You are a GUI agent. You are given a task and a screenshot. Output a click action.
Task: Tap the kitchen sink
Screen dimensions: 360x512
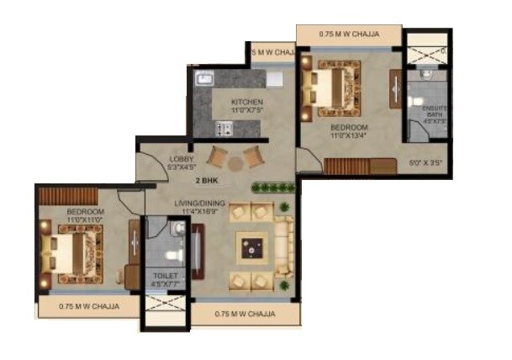[x=204, y=80]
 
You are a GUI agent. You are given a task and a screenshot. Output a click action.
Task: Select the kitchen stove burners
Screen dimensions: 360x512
[x=223, y=128]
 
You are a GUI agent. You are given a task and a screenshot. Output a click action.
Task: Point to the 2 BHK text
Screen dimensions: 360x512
[x=208, y=181]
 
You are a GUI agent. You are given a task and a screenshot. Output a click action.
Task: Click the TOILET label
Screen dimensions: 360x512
[x=165, y=275]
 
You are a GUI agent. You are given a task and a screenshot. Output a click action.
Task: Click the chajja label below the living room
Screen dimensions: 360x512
[x=245, y=314]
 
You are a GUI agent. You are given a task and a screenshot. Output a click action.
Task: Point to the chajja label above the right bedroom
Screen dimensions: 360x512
[x=349, y=34]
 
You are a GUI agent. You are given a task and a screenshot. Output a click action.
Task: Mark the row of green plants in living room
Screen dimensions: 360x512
[x=272, y=187]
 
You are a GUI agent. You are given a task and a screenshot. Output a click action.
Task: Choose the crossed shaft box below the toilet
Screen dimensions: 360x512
[x=165, y=304]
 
